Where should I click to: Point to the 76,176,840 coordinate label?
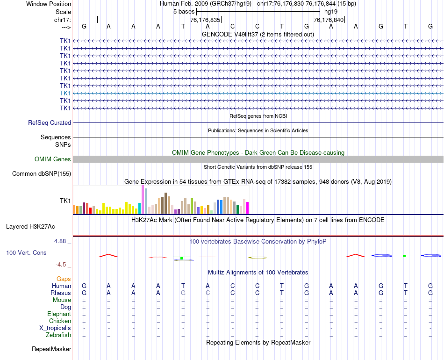(x=329, y=20)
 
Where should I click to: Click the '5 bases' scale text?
(x=184, y=11)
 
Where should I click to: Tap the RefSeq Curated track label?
(x=50, y=123)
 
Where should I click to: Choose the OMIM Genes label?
(x=52, y=159)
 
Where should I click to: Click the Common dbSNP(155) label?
(x=41, y=174)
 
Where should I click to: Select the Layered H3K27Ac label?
(x=30, y=227)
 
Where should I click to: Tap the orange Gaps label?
(x=64, y=279)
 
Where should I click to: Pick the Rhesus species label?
(x=61, y=293)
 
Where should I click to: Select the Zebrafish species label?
(x=58, y=335)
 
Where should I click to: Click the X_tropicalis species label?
(x=55, y=328)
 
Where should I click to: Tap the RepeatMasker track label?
(x=51, y=349)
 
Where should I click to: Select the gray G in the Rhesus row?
(x=183, y=293)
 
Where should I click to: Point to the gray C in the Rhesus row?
(x=208, y=293)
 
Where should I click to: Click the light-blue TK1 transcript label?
(x=65, y=93)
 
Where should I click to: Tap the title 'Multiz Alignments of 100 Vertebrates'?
(x=258, y=272)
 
